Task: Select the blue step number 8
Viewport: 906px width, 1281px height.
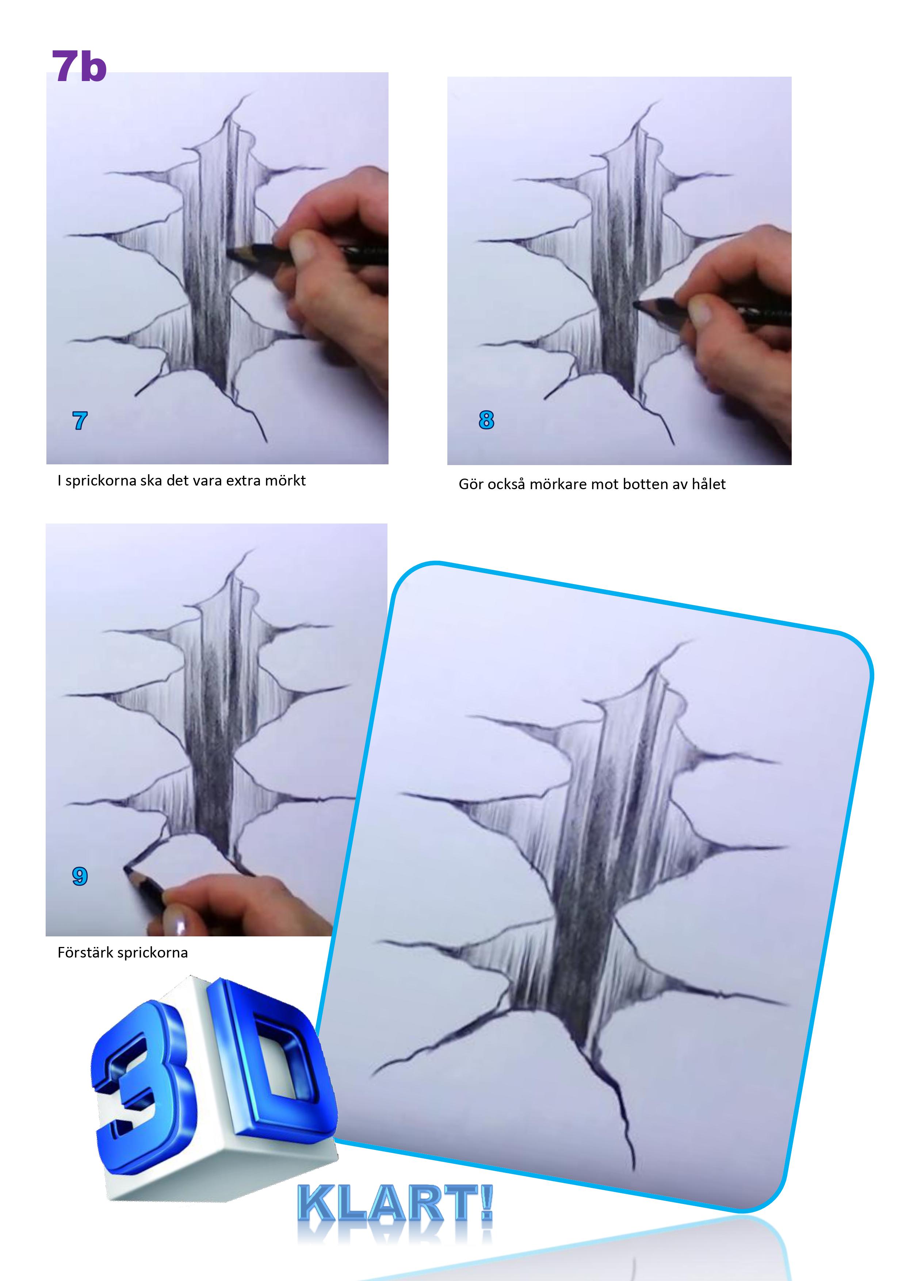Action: (486, 420)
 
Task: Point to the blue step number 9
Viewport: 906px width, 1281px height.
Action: (80, 877)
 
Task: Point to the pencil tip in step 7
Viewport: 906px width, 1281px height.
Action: (229, 253)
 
